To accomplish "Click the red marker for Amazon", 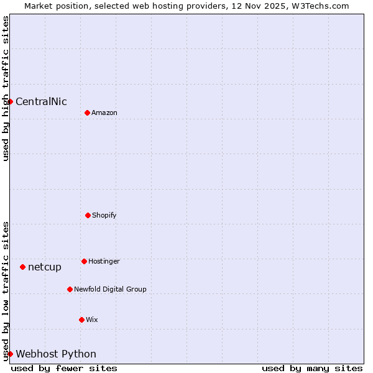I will click(x=87, y=113).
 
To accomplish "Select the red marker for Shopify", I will click(x=88, y=215).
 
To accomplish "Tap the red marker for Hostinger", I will click(x=84, y=261).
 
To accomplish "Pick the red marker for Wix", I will click(x=81, y=320).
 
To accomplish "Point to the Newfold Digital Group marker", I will click(x=70, y=289).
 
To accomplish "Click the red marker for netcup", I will click(x=22, y=267).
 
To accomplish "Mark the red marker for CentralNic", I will click(x=11, y=101).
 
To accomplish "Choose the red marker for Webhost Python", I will click(x=11, y=354).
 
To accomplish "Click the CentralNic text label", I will click(x=41, y=102).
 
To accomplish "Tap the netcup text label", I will click(x=45, y=267).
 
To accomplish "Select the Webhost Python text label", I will click(x=56, y=354).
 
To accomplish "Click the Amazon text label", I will click(x=104, y=113).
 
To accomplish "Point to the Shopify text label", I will click(x=104, y=216).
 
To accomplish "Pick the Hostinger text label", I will click(x=104, y=262).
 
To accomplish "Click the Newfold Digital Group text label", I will click(x=110, y=290).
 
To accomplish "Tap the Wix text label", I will click(x=92, y=320).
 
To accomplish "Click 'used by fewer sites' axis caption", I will click(x=64, y=368).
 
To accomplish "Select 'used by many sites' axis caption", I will click(x=312, y=368).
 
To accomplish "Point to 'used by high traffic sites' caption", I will click(x=6, y=88).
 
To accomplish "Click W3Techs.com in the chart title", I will click(x=320, y=6).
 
